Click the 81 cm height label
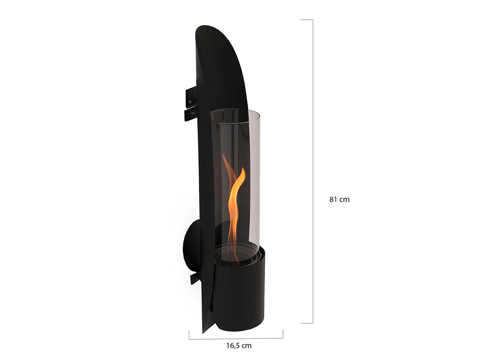click(339, 199)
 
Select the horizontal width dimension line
click(236, 339)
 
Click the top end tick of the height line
click(307, 20)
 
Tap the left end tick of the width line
click(189, 335)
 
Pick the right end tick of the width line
click(283, 333)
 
